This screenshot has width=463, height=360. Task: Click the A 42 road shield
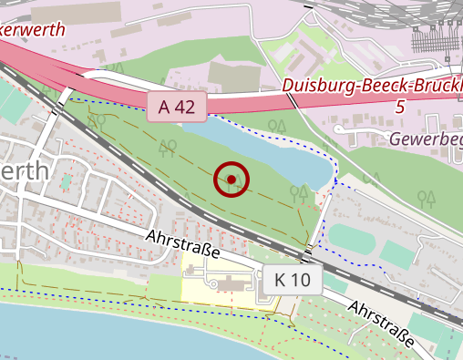point(177,107)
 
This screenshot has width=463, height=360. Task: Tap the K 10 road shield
point(293,280)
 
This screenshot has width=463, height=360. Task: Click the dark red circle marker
point(232,180)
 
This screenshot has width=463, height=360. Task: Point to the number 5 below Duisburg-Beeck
point(399,108)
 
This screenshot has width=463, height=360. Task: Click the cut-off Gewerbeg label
point(427,139)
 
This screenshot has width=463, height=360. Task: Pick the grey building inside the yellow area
point(228,285)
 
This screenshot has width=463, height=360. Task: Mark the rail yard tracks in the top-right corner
point(428,36)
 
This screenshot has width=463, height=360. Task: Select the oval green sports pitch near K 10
point(350,239)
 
